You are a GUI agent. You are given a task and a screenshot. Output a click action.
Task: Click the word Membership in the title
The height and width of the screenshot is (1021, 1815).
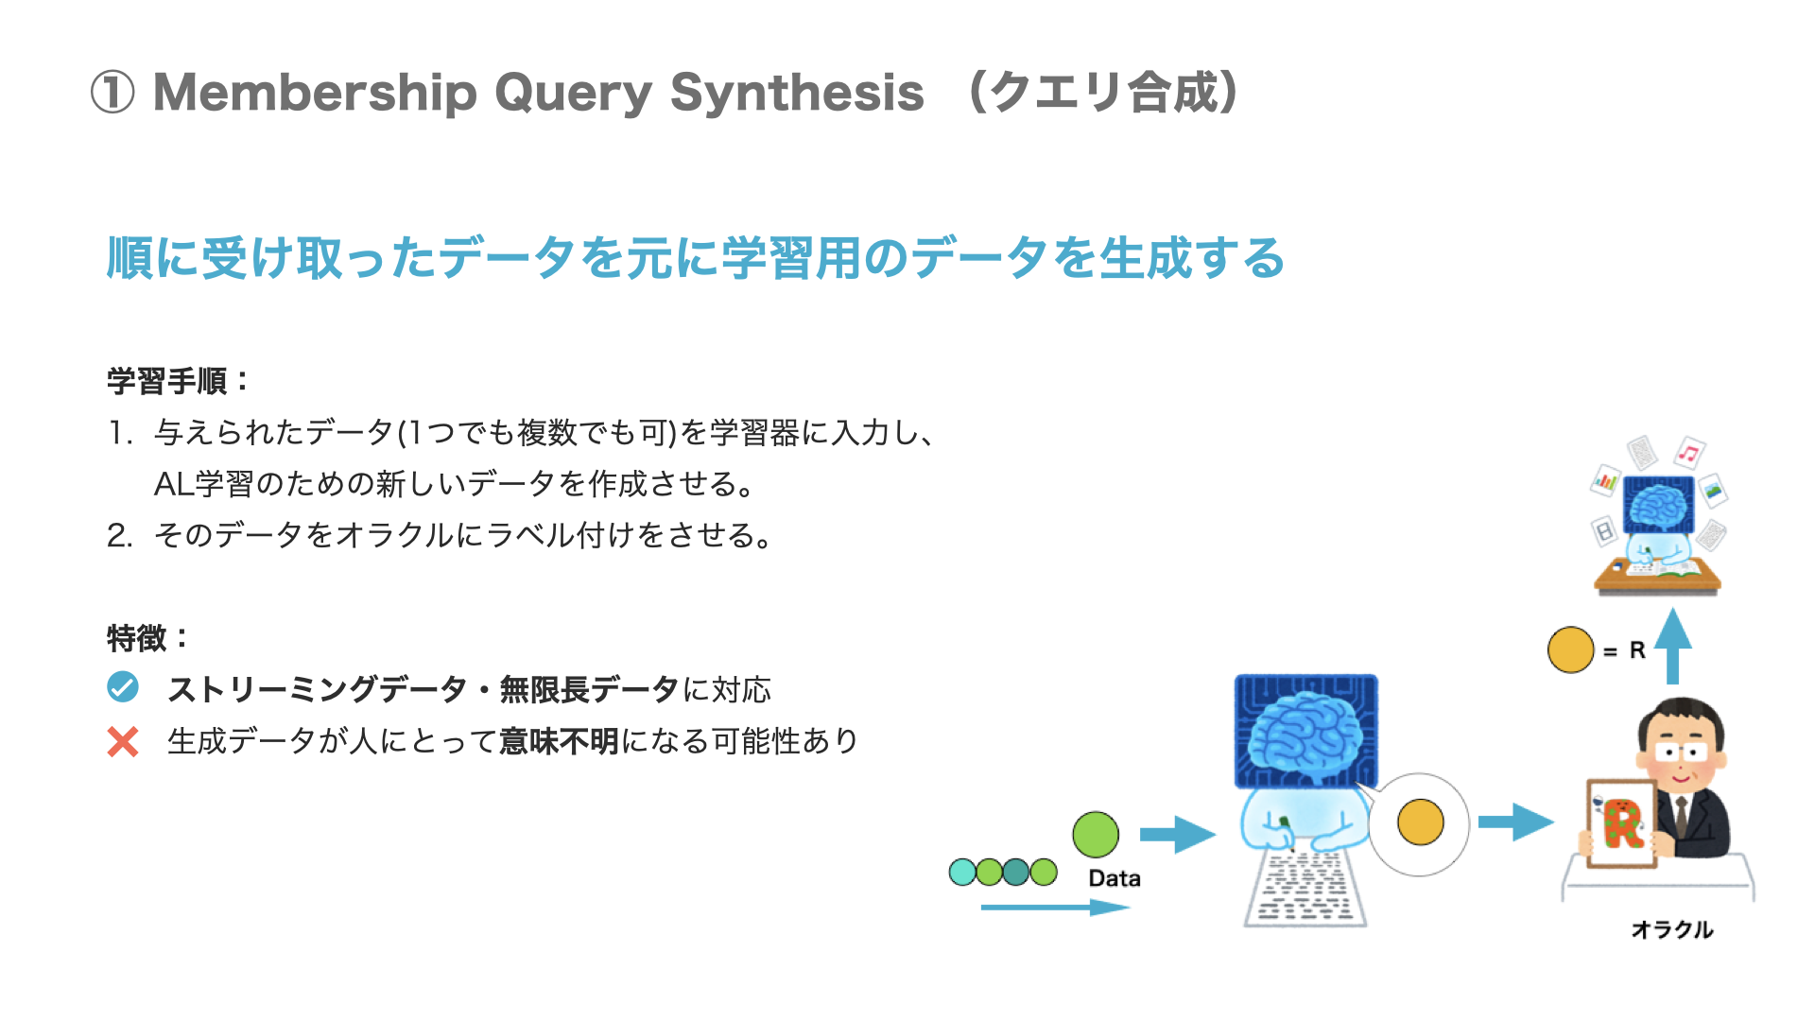click(x=315, y=93)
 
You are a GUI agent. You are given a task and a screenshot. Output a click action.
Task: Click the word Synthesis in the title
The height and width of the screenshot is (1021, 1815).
click(x=796, y=93)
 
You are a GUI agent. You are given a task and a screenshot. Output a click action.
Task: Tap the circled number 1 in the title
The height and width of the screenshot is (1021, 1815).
click(x=112, y=94)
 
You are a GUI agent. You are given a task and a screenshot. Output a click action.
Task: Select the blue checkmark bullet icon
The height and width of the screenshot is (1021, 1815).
click(x=123, y=687)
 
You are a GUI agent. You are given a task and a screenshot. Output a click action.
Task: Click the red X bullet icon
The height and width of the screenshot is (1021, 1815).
click(x=123, y=742)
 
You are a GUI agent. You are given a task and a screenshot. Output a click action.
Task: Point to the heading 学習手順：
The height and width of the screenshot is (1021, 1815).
click(x=178, y=381)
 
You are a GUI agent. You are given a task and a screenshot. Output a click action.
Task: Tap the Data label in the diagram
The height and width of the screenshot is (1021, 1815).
click(x=1115, y=878)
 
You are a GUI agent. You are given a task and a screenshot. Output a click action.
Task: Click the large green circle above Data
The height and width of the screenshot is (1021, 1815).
click(x=1096, y=835)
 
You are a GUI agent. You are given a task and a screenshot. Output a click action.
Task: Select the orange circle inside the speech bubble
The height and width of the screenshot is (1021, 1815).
click(x=1420, y=822)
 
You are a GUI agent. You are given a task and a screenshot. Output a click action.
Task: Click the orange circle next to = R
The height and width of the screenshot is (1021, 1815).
click(x=1570, y=650)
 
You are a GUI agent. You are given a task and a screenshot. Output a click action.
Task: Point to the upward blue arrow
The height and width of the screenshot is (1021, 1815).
click(x=1672, y=645)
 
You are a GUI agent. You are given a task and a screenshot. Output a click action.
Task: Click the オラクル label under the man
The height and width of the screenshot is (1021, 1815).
click(x=1671, y=929)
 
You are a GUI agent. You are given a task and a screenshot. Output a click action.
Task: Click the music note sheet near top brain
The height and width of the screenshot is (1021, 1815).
click(x=1688, y=453)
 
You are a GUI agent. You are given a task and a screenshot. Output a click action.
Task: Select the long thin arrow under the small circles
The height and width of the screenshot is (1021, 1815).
click(x=1054, y=908)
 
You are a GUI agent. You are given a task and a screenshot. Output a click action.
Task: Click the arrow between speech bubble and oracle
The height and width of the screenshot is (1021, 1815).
click(x=1515, y=822)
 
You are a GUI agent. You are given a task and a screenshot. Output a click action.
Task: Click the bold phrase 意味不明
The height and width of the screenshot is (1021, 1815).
click(x=559, y=741)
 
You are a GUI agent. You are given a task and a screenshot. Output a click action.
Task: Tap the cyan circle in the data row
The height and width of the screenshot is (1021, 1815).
click(x=962, y=872)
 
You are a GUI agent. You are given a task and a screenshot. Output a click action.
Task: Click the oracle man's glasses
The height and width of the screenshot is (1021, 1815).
click(x=1681, y=753)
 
